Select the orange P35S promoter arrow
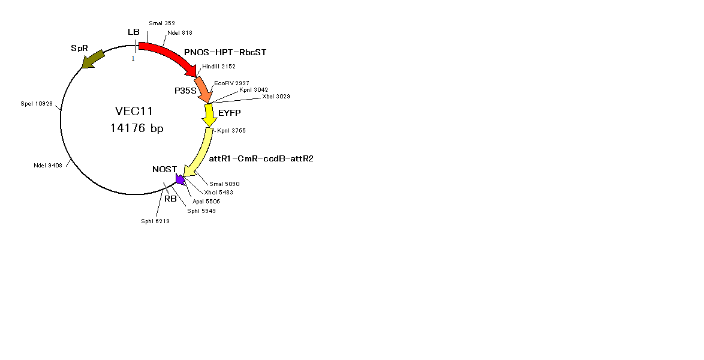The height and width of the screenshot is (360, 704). (204, 90)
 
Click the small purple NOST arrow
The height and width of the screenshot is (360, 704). (180, 180)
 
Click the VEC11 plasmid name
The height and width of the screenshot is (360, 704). (134, 111)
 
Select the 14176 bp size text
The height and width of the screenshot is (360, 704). (137, 128)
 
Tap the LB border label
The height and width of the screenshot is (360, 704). (133, 32)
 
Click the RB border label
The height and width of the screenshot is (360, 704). (170, 199)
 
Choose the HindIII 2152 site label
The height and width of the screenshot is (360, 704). (219, 67)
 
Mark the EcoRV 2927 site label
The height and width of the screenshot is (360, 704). (231, 83)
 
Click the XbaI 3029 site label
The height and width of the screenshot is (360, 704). (276, 96)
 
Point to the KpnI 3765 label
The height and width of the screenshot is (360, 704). (231, 131)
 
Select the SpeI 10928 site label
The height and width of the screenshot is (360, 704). (37, 104)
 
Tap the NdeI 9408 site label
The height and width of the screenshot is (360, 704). (48, 166)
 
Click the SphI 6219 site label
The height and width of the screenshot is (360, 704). (155, 221)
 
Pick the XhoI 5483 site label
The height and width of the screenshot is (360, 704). (219, 193)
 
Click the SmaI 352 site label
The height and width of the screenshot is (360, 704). (162, 23)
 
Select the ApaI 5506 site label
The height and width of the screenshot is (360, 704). (206, 202)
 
